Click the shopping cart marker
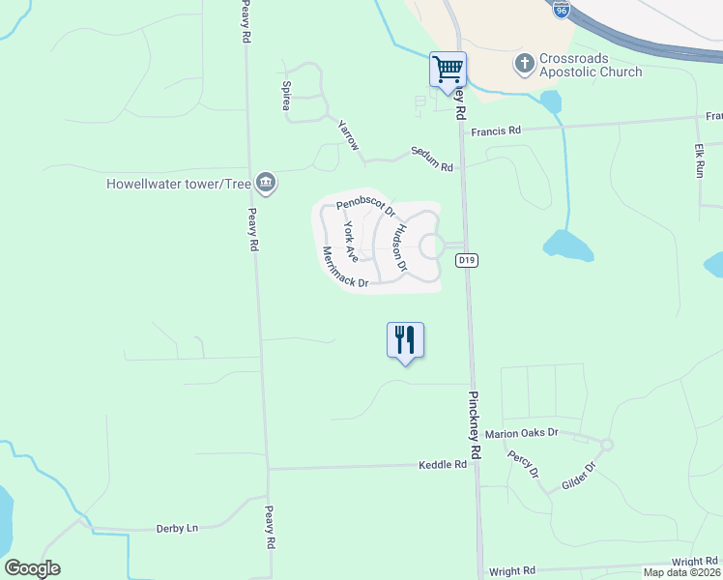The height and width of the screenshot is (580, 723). (x=448, y=70)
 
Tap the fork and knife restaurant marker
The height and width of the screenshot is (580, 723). (x=406, y=340)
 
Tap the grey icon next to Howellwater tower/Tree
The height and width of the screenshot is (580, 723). (x=267, y=183)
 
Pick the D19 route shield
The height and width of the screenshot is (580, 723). (x=468, y=259)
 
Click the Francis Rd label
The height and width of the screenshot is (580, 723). (x=496, y=130)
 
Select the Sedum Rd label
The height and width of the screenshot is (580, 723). (x=431, y=159)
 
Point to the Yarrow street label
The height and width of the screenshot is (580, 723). (x=348, y=135)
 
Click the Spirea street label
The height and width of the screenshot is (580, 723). (x=287, y=97)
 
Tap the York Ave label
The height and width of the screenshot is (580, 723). (x=351, y=241)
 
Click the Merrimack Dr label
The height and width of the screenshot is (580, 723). (x=345, y=267)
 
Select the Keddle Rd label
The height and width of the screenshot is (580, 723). (x=443, y=465)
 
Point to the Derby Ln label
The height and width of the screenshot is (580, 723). (x=177, y=529)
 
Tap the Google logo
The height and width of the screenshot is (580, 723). (x=32, y=568)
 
